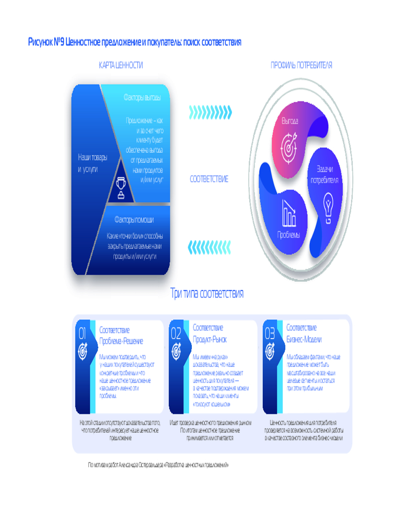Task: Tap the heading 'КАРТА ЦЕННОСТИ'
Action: tap(121, 65)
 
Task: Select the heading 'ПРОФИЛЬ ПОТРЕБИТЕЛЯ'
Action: tap(301, 65)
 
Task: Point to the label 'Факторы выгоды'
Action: tap(142, 98)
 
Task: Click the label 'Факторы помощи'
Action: tap(134, 220)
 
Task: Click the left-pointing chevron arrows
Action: tap(210, 245)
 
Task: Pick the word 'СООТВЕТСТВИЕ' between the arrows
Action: tap(209, 179)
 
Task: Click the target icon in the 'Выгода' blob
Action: tap(289, 144)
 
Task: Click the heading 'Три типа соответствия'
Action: tap(207, 293)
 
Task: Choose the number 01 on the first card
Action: tap(82, 333)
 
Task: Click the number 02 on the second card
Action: tap(176, 333)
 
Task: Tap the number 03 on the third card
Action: tap(270, 333)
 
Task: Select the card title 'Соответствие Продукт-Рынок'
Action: tap(210, 333)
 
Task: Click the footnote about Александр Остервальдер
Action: tap(158, 465)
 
